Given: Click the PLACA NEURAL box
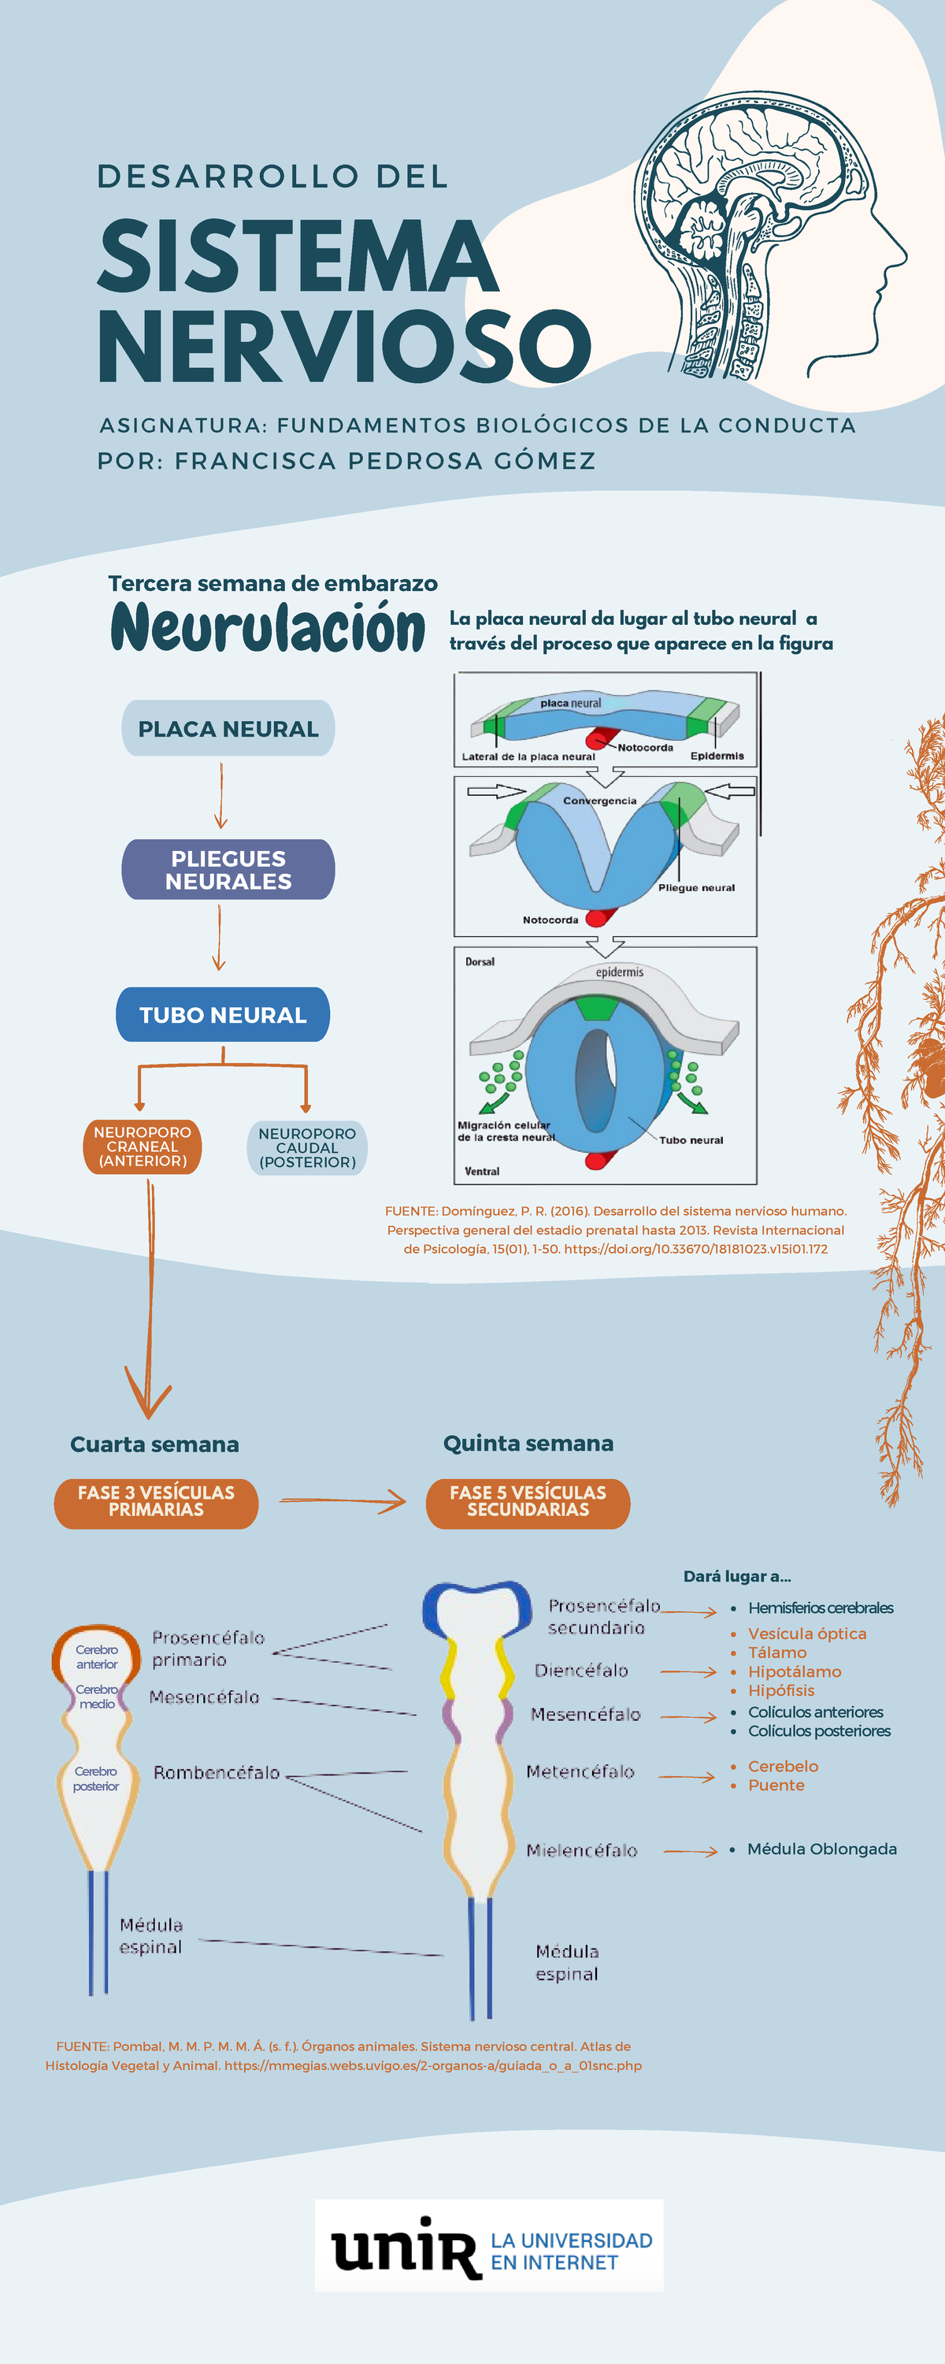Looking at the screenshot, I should [228, 729].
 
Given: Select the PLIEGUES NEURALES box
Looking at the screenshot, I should [228, 869].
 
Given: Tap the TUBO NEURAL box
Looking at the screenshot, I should [223, 1015].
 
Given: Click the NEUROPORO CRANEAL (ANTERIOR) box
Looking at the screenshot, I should [143, 1147].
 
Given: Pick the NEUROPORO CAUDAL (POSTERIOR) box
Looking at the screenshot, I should [307, 1148].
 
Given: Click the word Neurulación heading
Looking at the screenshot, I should [268, 628].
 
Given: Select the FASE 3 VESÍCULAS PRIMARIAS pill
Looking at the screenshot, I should [156, 1501].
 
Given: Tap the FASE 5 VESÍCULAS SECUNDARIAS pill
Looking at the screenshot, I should [528, 1501].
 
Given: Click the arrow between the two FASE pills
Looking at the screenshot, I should [343, 1501].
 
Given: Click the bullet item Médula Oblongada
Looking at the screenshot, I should [821, 1849].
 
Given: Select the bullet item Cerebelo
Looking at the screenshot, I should [783, 1767].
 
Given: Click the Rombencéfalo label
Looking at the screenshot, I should [217, 1773].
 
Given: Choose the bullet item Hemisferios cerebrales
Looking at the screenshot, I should [821, 1608].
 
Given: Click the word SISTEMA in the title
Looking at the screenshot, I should [298, 257].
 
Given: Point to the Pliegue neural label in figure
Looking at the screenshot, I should [696, 887].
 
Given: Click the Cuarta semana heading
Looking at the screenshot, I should [154, 1444].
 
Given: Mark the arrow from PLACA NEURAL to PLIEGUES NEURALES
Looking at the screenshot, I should [221, 795].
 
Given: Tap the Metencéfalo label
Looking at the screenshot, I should [580, 1772].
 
